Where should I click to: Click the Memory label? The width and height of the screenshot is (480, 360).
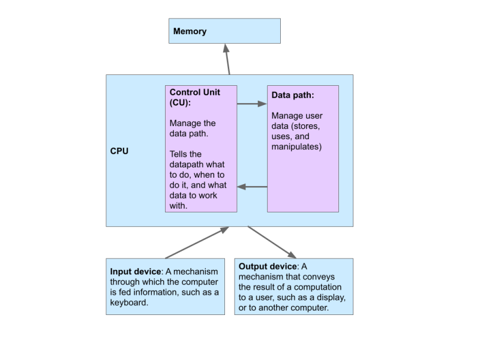(190, 31)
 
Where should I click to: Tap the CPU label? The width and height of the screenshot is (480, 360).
(119, 151)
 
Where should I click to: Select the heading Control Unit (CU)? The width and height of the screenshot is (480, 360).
(195, 97)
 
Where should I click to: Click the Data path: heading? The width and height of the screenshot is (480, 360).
(293, 95)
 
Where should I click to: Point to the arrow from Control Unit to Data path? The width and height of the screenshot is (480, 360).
(252, 104)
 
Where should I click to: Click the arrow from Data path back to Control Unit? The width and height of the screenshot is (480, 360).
(252, 187)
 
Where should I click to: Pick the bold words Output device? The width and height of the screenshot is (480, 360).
(268, 266)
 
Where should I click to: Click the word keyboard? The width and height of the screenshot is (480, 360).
(128, 302)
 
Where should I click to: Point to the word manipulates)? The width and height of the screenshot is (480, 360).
(296, 146)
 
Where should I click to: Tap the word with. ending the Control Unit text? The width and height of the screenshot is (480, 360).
(179, 205)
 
